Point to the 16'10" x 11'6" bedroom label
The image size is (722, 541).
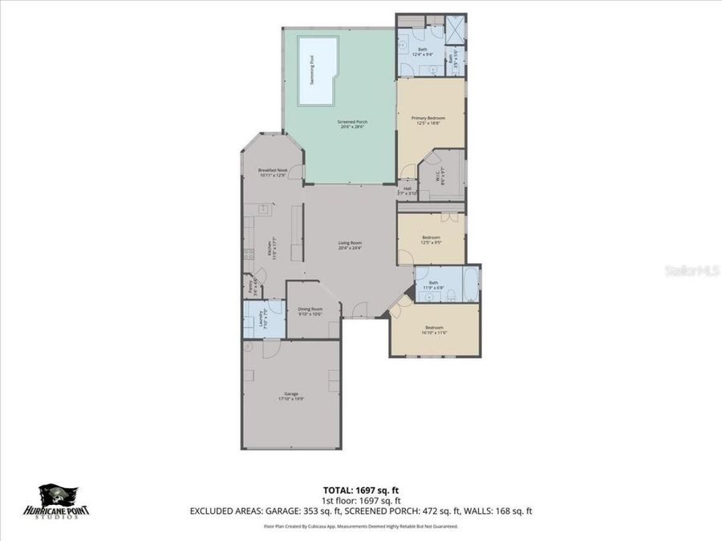click(x=434, y=330)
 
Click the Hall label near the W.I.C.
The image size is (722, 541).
click(x=408, y=191)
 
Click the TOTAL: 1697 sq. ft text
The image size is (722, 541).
click(x=360, y=489)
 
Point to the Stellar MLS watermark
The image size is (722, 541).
click(x=692, y=271)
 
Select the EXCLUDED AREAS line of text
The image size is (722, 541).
click(x=361, y=511)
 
